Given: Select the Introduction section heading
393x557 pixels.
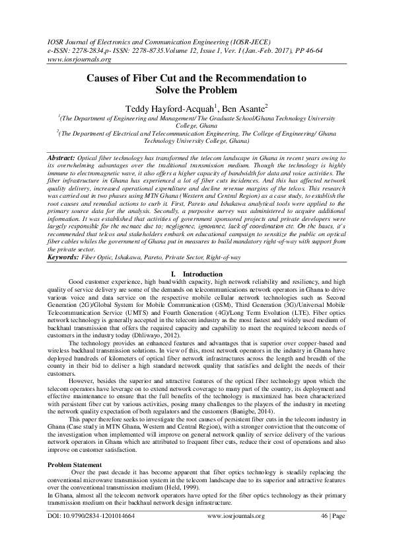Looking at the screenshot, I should point(201,273).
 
